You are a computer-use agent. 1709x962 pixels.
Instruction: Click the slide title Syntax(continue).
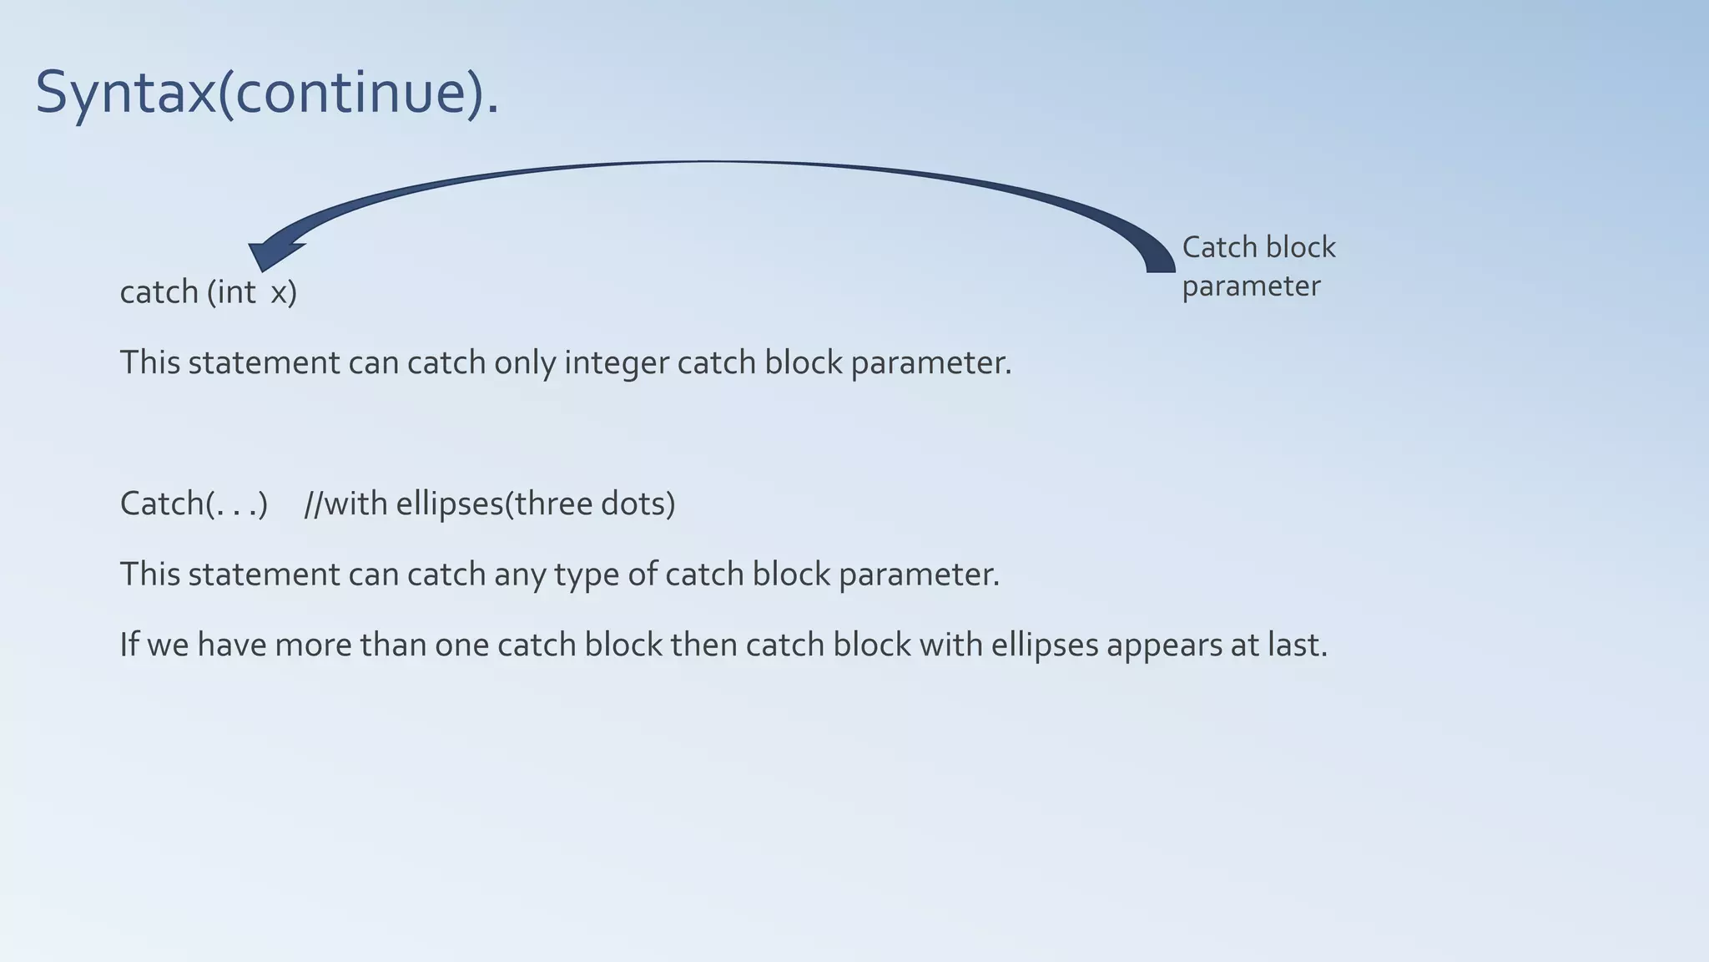click(x=267, y=92)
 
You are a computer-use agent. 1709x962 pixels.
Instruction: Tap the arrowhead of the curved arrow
click(x=271, y=253)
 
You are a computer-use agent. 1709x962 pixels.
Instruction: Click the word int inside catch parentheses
click(x=235, y=292)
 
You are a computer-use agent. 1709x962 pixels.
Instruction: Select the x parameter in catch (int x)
click(x=279, y=293)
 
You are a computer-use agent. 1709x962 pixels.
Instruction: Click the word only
click(x=524, y=363)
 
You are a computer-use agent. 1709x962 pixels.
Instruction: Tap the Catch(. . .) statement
click(x=194, y=504)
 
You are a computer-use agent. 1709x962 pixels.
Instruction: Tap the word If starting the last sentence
click(x=129, y=646)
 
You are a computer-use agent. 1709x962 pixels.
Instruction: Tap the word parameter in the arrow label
click(x=1251, y=286)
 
